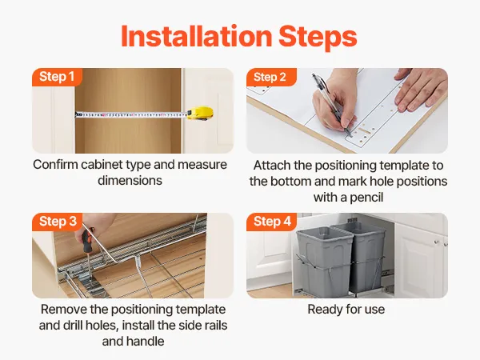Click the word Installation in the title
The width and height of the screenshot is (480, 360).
point(197,36)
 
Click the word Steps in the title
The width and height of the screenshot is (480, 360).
point(318,38)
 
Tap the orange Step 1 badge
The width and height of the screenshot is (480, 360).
point(57,77)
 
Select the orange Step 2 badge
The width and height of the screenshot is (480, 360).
point(271,77)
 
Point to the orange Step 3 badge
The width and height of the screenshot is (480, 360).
point(58,222)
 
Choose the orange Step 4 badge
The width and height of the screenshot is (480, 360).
point(271,222)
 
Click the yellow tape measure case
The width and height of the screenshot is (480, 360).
point(200,114)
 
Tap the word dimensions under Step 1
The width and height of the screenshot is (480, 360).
point(130,180)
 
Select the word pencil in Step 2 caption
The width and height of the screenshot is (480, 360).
point(366,198)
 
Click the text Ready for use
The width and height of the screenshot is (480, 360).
point(346,310)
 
